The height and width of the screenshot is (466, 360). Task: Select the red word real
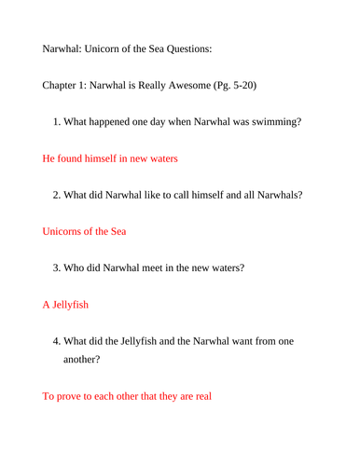(x=202, y=395)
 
